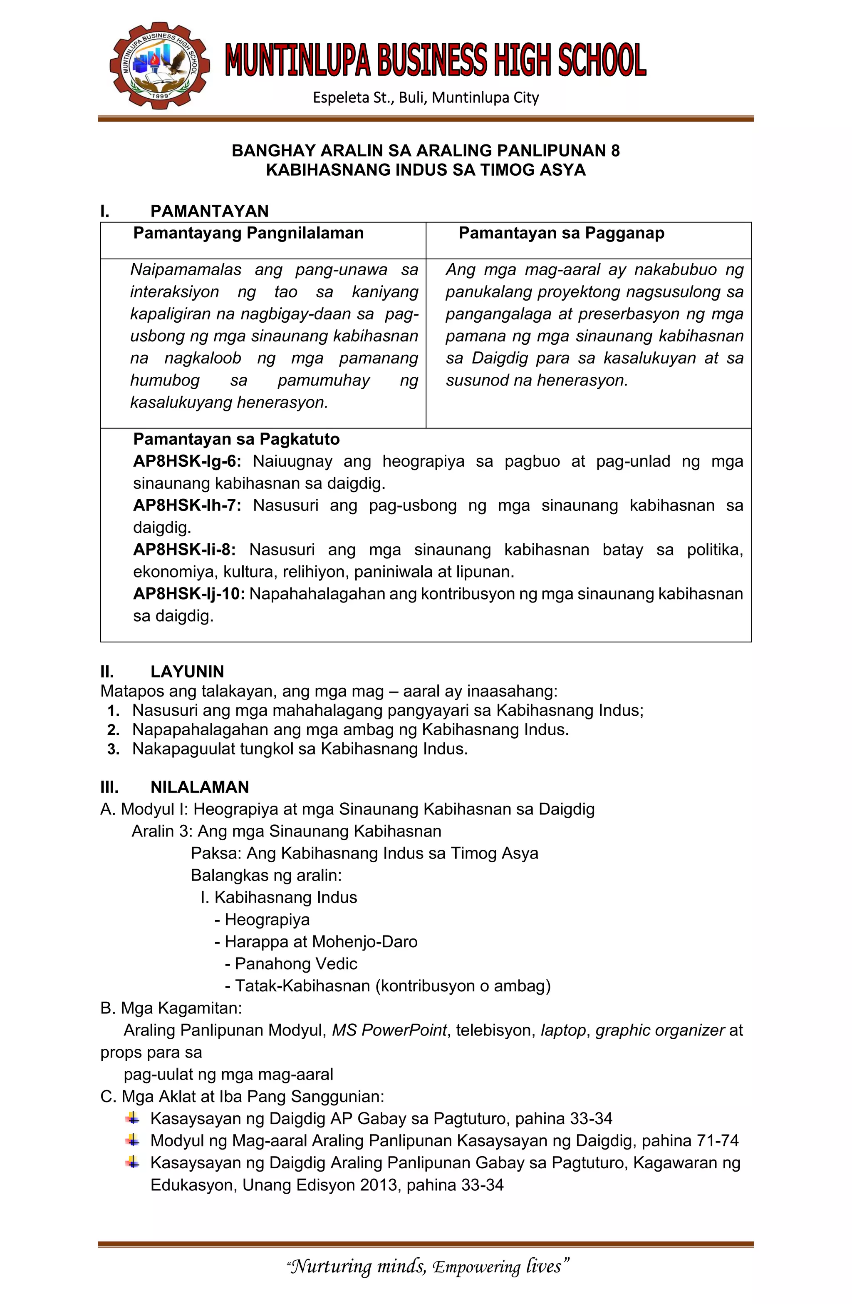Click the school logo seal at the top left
pos(159,66)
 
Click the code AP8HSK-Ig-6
pos(187,461)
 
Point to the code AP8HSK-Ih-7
pos(187,505)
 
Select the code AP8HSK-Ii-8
pos(184,550)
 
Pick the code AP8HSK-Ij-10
pos(189,594)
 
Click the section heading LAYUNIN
pos(187,672)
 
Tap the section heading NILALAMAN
pos(199,787)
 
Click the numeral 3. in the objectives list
pos(113,749)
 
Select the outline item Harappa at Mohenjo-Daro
pos(321,941)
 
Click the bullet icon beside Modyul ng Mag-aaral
pos(132,1140)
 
